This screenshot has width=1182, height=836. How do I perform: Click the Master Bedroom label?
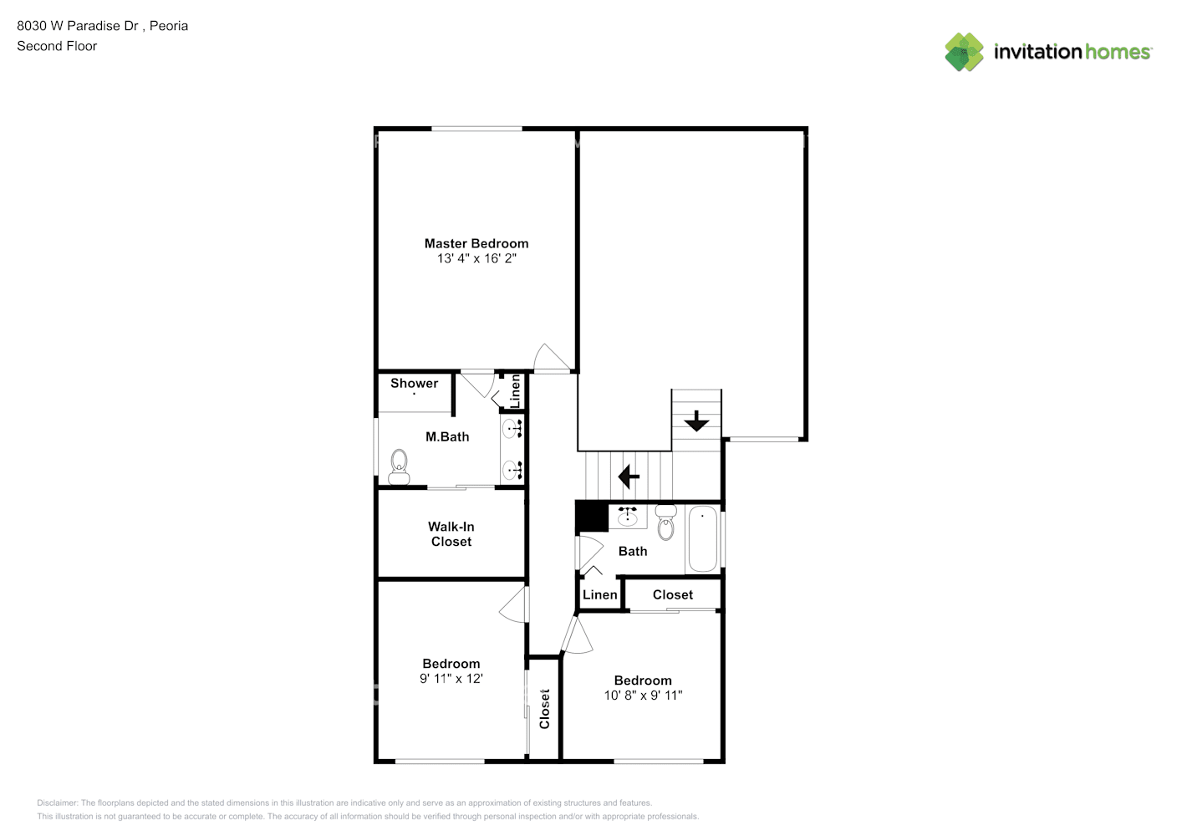(x=476, y=243)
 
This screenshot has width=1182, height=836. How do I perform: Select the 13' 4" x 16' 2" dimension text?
(x=476, y=258)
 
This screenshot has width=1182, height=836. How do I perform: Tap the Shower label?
(x=414, y=384)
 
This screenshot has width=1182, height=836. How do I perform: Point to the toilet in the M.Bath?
(x=399, y=467)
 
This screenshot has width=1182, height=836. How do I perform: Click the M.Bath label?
(x=447, y=436)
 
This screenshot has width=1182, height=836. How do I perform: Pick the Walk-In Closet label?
(x=451, y=534)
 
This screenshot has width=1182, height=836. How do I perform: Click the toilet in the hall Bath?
(x=666, y=523)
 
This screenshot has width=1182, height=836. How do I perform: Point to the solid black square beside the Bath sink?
(x=592, y=517)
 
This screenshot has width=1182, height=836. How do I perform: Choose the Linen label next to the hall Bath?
(x=599, y=595)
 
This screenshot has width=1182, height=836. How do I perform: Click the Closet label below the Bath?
(x=673, y=595)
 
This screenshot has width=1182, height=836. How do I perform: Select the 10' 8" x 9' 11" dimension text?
(x=643, y=696)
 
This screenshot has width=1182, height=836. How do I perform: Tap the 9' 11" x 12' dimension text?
(x=451, y=679)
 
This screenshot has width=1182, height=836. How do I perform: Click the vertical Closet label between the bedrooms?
(x=545, y=709)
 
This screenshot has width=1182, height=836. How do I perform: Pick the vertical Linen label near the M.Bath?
(x=516, y=391)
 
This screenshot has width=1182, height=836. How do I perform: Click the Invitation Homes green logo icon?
(x=964, y=52)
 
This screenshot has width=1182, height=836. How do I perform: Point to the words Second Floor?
(x=57, y=46)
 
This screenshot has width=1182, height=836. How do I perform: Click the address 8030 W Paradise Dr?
(x=78, y=26)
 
